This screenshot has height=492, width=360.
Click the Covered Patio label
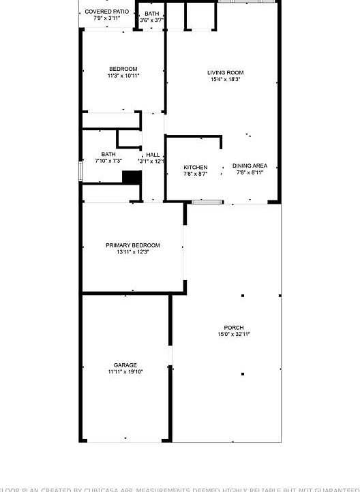pyautogui.click(x=106, y=12)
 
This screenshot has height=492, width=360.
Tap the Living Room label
pyautogui.click(x=226, y=72)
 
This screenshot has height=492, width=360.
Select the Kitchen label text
pyautogui.click(x=196, y=167)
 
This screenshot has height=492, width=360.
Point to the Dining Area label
pyautogui.click(x=250, y=166)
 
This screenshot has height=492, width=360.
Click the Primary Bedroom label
pyautogui.click(x=132, y=245)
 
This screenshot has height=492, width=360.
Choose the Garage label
pyautogui.click(x=125, y=365)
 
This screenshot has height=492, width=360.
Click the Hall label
pyautogui.click(x=152, y=155)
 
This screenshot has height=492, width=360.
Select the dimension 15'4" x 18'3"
pyautogui.click(x=226, y=80)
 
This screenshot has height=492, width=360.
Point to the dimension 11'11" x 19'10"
pyautogui.click(x=125, y=372)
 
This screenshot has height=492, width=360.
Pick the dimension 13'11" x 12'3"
pyautogui.click(x=132, y=252)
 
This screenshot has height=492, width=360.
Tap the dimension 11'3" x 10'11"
pyautogui.click(x=123, y=76)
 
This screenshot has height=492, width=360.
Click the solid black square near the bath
pyautogui.click(x=132, y=177)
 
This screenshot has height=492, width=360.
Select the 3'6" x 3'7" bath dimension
pyautogui.click(x=151, y=20)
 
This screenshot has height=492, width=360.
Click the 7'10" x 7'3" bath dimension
pyautogui.click(x=108, y=161)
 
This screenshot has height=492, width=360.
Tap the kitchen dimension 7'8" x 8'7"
pyautogui.click(x=196, y=174)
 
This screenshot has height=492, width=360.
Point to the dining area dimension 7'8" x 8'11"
pyautogui.click(x=250, y=172)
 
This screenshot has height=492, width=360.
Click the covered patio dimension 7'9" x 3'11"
pyautogui.click(x=106, y=18)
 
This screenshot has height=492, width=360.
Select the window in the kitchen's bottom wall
pyautogui.click(x=207, y=202)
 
